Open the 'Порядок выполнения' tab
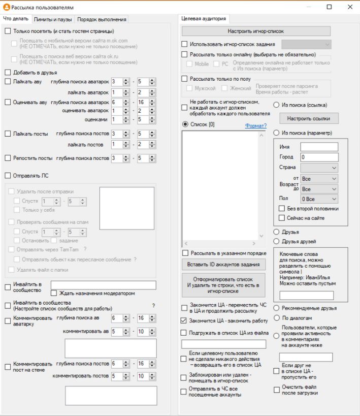(x=102, y=19)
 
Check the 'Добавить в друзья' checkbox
(x=8, y=73)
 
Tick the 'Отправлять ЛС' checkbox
(x=8, y=176)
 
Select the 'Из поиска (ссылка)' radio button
(x=277, y=105)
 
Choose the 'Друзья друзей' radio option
(x=277, y=241)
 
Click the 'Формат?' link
(x=255, y=125)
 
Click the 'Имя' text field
(x=319, y=147)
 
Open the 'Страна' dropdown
(x=319, y=168)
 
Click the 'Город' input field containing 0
(x=319, y=157)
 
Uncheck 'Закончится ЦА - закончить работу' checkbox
(x=185, y=321)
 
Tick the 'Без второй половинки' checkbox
(x=282, y=208)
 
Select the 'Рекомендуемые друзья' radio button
(x=277, y=308)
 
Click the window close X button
(x=350, y=7)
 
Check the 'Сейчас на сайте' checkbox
(x=282, y=218)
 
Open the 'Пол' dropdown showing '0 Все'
(x=319, y=199)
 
